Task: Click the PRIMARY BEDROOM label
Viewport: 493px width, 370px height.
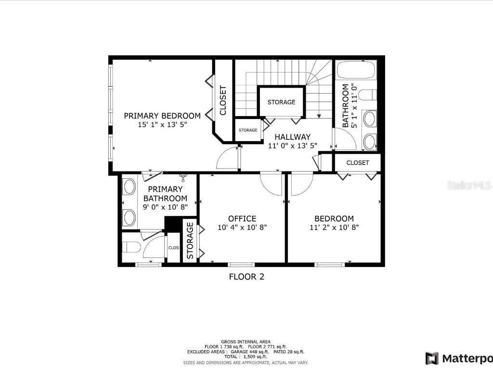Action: coord(162,116)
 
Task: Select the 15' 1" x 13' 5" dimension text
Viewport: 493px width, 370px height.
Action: coord(162,124)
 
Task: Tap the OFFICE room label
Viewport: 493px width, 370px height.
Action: coord(242,218)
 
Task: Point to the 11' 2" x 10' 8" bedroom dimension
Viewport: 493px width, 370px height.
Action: coord(334,227)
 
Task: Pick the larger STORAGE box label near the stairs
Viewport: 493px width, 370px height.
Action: coord(282,102)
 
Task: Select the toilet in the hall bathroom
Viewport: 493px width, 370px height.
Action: coord(370,94)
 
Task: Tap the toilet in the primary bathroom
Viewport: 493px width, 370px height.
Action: coord(131,248)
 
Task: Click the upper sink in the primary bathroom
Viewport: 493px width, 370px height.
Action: coord(129,186)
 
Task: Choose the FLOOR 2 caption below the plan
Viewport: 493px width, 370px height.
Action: coord(246,277)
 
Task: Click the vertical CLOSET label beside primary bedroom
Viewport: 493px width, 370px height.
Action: coord(223,100)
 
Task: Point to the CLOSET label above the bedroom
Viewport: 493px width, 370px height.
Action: coord(358,163)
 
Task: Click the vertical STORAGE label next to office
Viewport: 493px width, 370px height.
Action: coord(190,241)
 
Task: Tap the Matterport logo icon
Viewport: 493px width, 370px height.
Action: coord(432,358)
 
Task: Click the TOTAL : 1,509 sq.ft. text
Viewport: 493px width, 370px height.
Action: coord(246,357)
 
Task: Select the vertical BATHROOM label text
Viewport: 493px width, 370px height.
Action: coord(346,106)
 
